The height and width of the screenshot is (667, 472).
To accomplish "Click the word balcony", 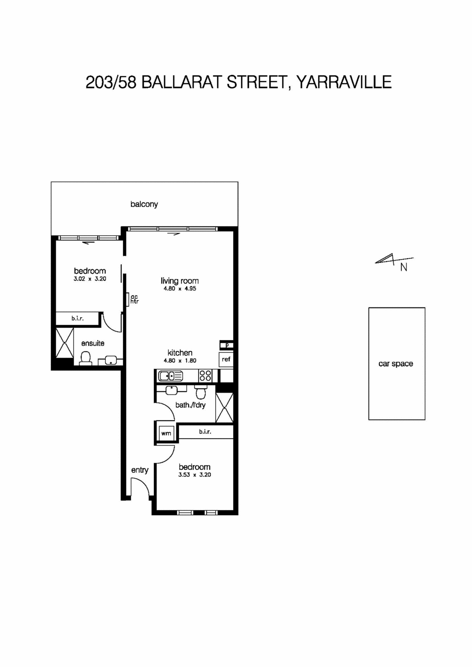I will click(144, 204).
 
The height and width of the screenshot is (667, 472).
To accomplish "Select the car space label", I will click(395, 364).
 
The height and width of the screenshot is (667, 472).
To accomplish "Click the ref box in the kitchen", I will click(226, 360).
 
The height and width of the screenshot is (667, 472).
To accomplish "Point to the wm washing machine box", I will click(166, 433).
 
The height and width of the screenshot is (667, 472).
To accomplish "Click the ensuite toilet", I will click(85, 358).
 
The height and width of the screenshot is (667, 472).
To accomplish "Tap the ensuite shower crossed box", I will click(65, 342).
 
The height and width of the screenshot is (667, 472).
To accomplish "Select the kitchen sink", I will click(170, 376).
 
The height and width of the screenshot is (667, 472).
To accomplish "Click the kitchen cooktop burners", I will click(205, 376).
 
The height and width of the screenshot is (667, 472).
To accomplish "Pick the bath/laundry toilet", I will click(201, 393).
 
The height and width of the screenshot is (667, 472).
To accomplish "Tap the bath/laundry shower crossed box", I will click(224, 408).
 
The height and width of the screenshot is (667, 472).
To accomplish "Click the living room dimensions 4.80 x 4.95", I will click(180, 289).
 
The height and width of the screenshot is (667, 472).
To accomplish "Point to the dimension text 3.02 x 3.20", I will click(90, 279).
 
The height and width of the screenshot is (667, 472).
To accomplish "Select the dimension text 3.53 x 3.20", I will click(195, 475).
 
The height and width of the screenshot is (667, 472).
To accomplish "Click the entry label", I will click(140, 470).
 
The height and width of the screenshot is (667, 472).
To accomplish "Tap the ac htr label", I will click(134, 299).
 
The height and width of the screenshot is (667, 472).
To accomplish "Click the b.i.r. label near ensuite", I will click(77, 318).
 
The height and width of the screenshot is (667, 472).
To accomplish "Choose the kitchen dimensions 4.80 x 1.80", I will click(180, 361).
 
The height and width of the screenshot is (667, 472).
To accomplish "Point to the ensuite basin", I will click(111, 360).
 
